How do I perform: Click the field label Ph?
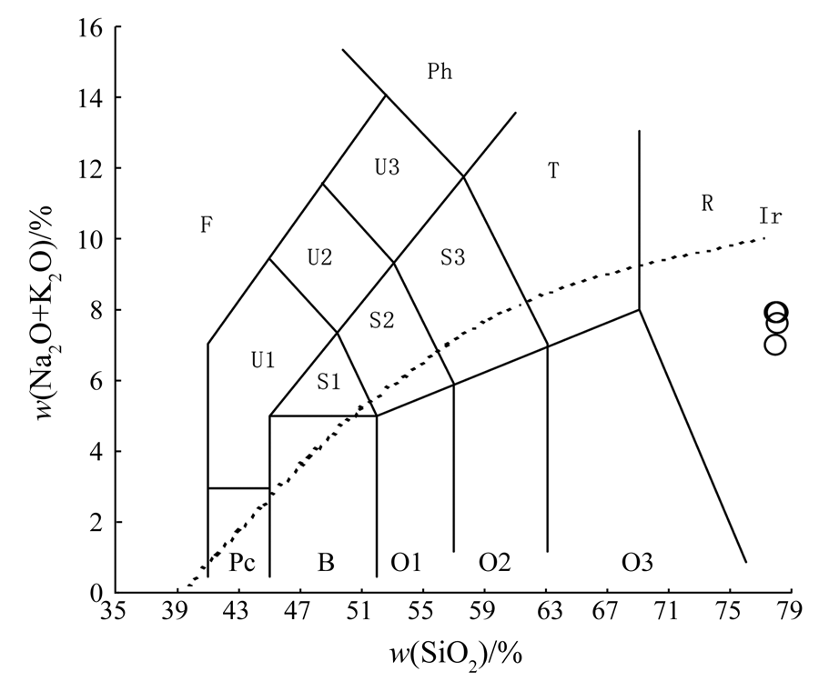pos(440,72)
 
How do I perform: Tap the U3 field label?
pos(388,167)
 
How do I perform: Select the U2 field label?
pos(319,257)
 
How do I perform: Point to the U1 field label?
pos(263,360)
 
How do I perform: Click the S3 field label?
pos(453,257)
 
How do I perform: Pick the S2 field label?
pos(382,319)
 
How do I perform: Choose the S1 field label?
pos(329,382)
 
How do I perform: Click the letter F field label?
pos(207,225)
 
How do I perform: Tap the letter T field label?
pos(552,171)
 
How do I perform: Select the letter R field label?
pos(706,204)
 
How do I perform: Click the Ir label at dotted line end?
pos(771,215)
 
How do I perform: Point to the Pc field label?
pos(240,563)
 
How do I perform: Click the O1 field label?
pos(406,563)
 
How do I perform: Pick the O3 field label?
pos(637,563)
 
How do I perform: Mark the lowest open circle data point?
pos(774,345)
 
